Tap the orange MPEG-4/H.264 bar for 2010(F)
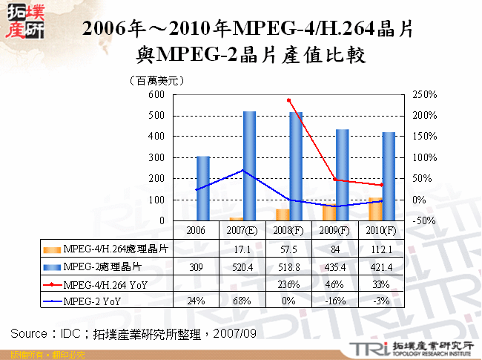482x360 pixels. click(375, 209)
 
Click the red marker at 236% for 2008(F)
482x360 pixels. click(289, 100)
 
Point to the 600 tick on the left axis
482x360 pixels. click(155, 95)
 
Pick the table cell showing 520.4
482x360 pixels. click(242, 265)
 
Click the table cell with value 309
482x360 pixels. click(196, 265)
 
